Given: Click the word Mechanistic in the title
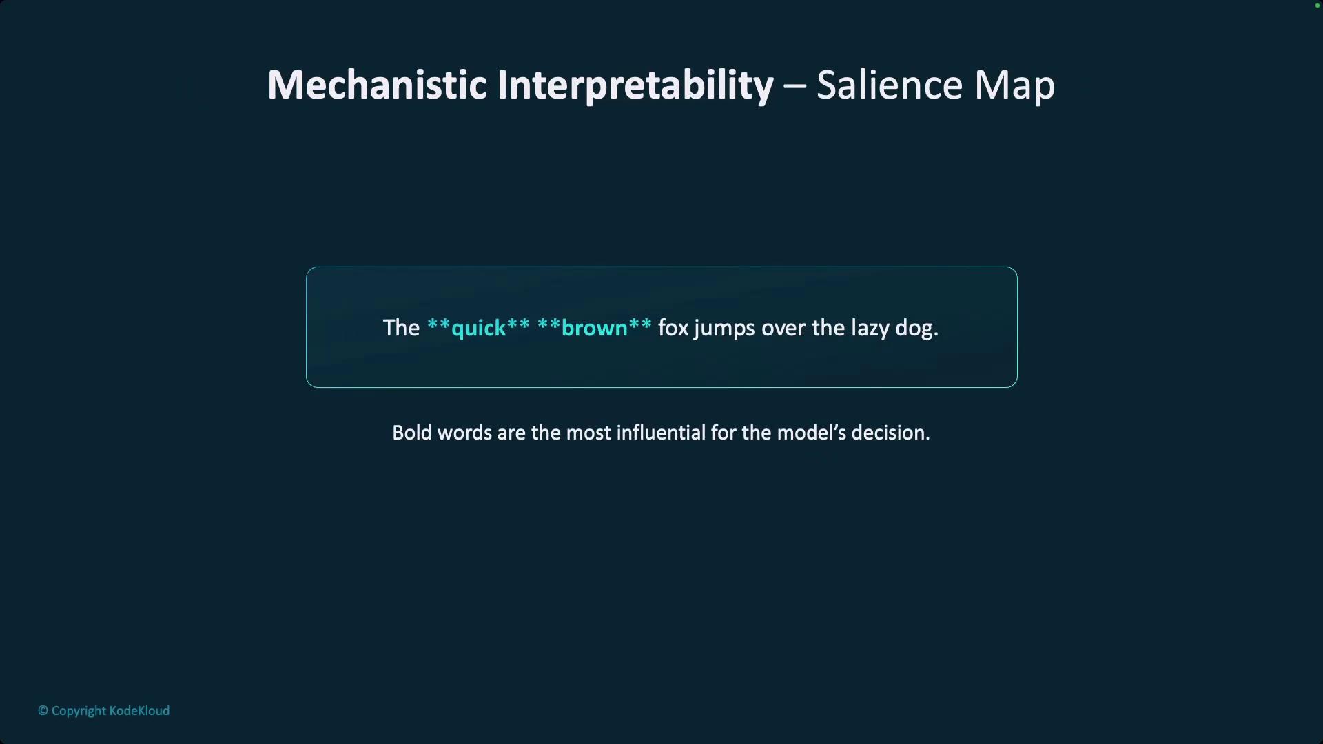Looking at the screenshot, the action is (x=377, y=85).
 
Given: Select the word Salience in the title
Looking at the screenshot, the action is (x=889, y=85).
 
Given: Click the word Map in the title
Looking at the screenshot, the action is (x=1014, y=87).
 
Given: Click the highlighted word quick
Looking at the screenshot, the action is (x=478, y=329).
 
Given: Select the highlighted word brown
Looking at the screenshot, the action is (x=594, y=328).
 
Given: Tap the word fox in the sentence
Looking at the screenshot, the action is (x=673, y=328).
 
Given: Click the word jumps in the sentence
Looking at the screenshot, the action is (x=724, y=329).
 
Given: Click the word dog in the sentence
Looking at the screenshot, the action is (x=914, y=329).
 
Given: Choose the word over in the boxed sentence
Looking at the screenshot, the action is (x=783, y=329).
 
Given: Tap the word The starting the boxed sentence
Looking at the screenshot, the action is (x=401, y=328).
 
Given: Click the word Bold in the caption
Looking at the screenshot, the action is (x=412, y=433).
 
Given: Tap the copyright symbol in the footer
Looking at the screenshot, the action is (x=43, y=711).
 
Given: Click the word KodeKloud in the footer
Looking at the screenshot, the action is (x=139, y=711).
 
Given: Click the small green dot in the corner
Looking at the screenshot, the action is (x=1317, y=6).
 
